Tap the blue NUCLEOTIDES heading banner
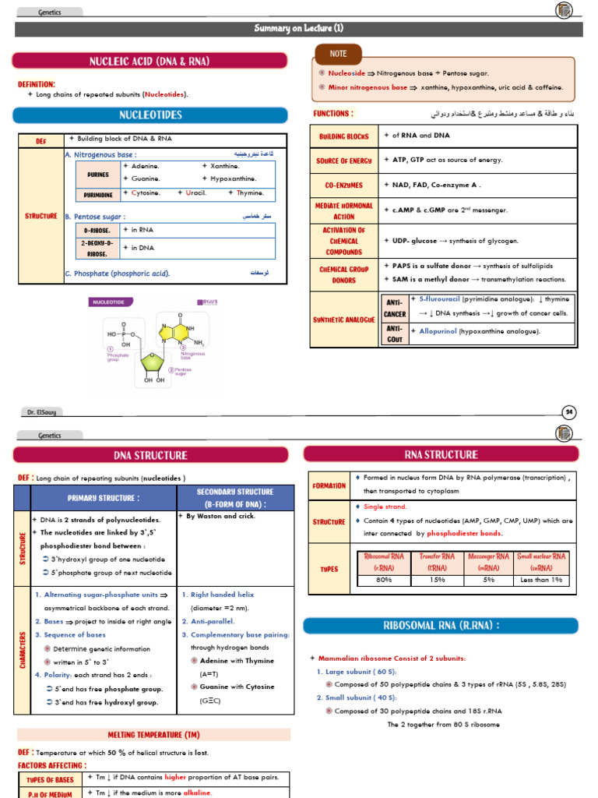[150, 115]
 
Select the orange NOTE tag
[338, 54]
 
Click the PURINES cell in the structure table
[98, 175]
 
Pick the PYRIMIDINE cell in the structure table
[98, 195]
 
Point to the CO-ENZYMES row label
[343, 185]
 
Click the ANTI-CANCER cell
[395, 307]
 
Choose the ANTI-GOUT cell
[395, 333]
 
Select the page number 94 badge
[568, 411]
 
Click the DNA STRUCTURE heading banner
[150, 455]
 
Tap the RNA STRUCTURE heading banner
[441, 454]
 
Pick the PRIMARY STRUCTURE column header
[104, 497]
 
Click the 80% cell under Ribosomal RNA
[383, 580]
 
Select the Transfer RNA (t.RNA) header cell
[437, 562]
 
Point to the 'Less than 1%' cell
[542, 580]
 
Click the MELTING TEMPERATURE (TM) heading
[153, 735]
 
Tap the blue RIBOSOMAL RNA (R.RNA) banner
[441, 626]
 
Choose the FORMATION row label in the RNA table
[329, 486]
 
